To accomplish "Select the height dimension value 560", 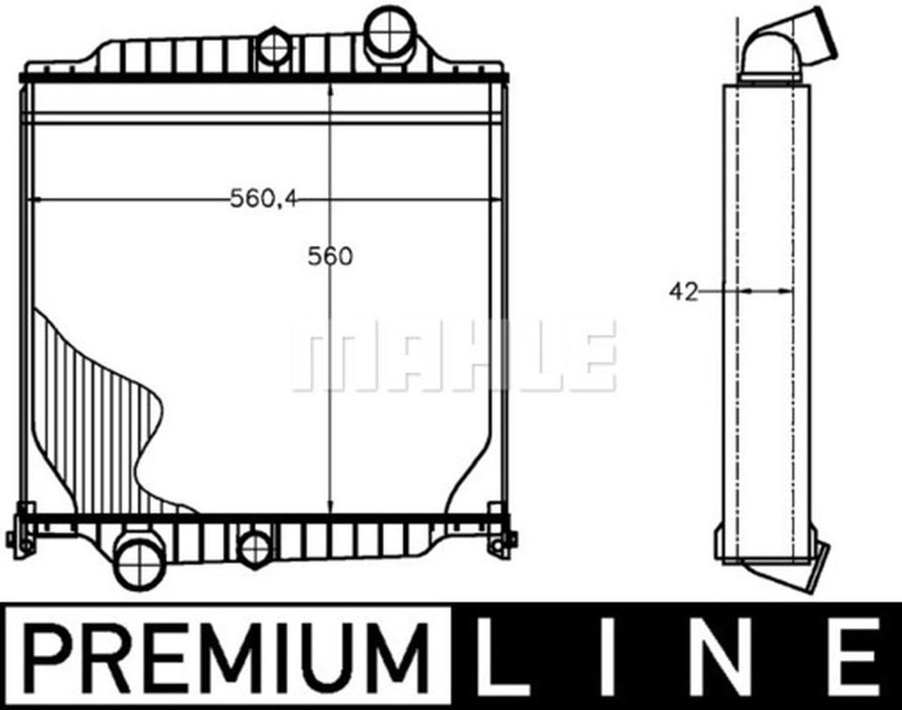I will (330, 257).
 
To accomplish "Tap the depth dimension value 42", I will (683, 291).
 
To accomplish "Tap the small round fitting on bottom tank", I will (254, 548).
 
